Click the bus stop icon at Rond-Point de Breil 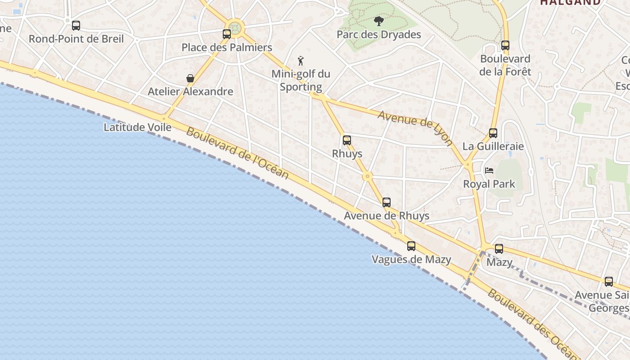pyautogui.click(x=76, y=26)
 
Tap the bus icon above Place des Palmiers pyautogui.click(x=227, y=34)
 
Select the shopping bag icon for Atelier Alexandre pyautogui.click(x=190, y=78)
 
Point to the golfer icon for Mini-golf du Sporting pyautogui.click(x=301, y=60)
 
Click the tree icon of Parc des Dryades pyautogui.click(x=379, y=21)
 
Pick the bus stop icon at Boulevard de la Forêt pyautogui.click(x=505, y=45)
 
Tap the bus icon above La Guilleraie pyautogui.click(x=493, y=133)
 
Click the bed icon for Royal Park pyautogui.click(x=489, y=171)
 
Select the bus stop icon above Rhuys pyautogui.click(x=347, y=140)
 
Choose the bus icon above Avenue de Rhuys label pyautogui.click(x=387, y=202)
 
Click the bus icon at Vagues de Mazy pyautogui.click(x=411, y=246)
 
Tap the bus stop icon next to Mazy pyautogui.click(x=499, y=249)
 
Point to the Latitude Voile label pyautogui.click(x=138, y=127)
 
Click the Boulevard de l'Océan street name pyautogui.click(x=237, y=153)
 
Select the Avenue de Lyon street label pyautogui.click(x=415, y=128)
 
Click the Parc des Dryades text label pyautogui.click(x=379, y=35)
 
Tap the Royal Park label pyautogui.click(x=489, y=184)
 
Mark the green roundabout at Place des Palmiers pyautogui.click(x=235, y=27)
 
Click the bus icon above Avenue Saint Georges pyautogui.click(x=609, y=282)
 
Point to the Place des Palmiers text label pyautogui.click(x=227, y=47)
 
